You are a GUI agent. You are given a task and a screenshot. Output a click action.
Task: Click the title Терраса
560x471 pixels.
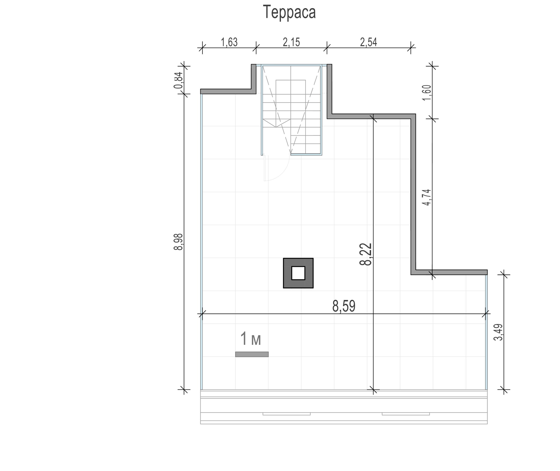click(x=289, y=12)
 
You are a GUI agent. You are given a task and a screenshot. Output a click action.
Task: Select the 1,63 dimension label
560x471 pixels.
click(x=229, y=42)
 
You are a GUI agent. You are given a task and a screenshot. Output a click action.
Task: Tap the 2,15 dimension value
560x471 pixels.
click(x=291, y=42)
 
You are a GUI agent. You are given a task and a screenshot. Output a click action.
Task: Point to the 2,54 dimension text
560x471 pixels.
click(x=368, y=42)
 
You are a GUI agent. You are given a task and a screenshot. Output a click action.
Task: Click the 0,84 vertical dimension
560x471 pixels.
click(x=178, y=80)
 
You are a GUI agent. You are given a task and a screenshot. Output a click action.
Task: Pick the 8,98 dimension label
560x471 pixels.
click(x=178, y=242)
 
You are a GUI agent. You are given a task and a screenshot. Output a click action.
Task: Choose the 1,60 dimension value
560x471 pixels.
click(x=427, y=93)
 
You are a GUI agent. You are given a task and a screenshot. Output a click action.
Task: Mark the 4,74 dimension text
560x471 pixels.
click(x=427, y=197)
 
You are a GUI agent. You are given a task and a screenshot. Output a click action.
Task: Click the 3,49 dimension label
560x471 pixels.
click(x=498, y=332)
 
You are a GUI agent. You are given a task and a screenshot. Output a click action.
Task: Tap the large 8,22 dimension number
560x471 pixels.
click(x=366, y=254)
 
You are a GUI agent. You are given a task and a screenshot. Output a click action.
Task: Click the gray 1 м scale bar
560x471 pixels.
click(x=252, y=354)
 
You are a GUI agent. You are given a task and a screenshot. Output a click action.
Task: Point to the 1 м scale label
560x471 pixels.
click(x=251, y=339)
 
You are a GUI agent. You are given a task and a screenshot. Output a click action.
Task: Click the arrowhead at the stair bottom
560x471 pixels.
click(x=291, y=152)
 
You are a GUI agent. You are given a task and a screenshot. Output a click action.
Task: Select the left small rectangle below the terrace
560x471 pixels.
click(x=286, y=414)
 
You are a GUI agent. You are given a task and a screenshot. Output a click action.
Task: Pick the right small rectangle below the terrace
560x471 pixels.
click(x=406, y=414)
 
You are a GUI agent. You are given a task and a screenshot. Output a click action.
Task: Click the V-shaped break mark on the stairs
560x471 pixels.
click(x=276, y=123)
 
